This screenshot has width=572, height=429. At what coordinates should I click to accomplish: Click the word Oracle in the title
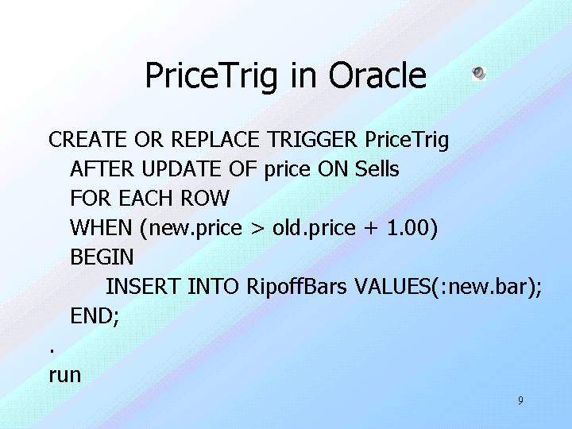tap(377, 75)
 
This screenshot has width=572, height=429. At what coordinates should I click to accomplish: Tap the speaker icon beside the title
tap(479, 74)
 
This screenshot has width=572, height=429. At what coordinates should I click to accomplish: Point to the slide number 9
tap(520, 400)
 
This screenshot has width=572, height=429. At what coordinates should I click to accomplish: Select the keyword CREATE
tap(87, 139)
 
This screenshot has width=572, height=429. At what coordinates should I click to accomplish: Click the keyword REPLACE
tap(214, 139)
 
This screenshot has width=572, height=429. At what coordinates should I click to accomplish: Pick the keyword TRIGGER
tap(312, 139)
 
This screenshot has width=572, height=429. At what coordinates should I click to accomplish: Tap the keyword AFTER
tap(102, 169)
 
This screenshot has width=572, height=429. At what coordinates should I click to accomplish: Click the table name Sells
tap(377, 169)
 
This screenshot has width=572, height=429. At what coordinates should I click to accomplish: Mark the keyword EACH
tap(146, 198)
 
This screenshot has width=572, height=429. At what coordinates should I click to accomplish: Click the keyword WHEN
tap(101, 228)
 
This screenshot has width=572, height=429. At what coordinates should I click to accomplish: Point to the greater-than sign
tap(257, 228)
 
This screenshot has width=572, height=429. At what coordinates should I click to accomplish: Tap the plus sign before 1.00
tap(371, 228)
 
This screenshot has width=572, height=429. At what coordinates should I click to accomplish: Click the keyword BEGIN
tap(102, 257)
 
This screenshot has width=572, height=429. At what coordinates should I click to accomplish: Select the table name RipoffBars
tap(296, 286)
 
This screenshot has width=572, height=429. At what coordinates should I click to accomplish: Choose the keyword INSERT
tap(143, 286)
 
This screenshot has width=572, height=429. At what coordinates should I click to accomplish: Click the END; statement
tap(95, 316)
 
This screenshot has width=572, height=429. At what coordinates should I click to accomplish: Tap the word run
tap(65, 376)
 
